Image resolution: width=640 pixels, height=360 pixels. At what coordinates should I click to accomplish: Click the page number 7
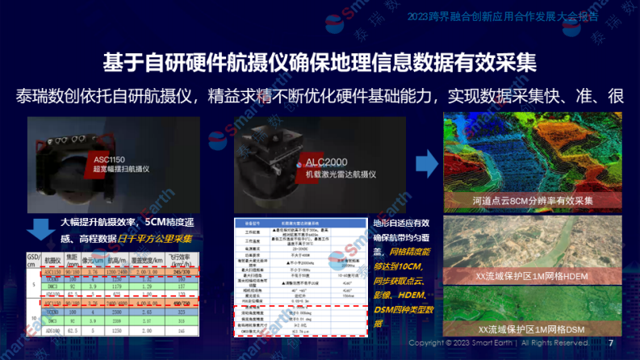pyautogui.click(x=610, y=343)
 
